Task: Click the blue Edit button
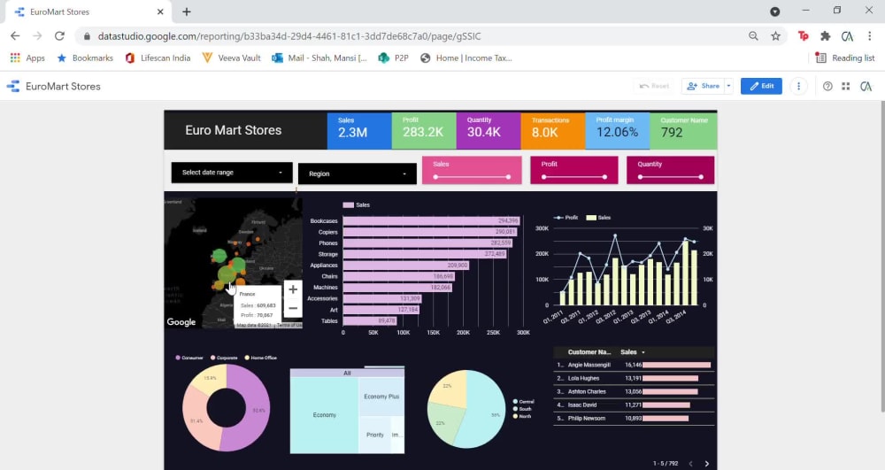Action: coord(761,86)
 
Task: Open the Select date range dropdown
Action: coord(232,173)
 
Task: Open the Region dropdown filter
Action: coord(357,173)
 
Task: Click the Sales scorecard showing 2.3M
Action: coord(358,130)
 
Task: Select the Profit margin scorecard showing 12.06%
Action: coord(617,130)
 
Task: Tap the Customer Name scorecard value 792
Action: coord(672,133)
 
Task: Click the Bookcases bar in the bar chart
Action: coord(430,221)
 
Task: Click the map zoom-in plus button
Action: coord(293,289)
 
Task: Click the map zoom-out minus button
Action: coord(293,308)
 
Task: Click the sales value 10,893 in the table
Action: coord(633,418)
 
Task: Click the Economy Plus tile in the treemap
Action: coord(381,397)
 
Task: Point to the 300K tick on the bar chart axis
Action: coord(523,334)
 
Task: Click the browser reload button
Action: coord(59,36)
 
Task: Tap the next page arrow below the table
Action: coord(706,463)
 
